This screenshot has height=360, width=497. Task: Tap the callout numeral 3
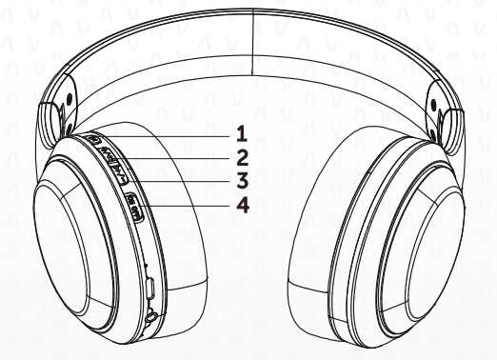point(242,179)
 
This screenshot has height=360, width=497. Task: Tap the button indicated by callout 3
point(119,173)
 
